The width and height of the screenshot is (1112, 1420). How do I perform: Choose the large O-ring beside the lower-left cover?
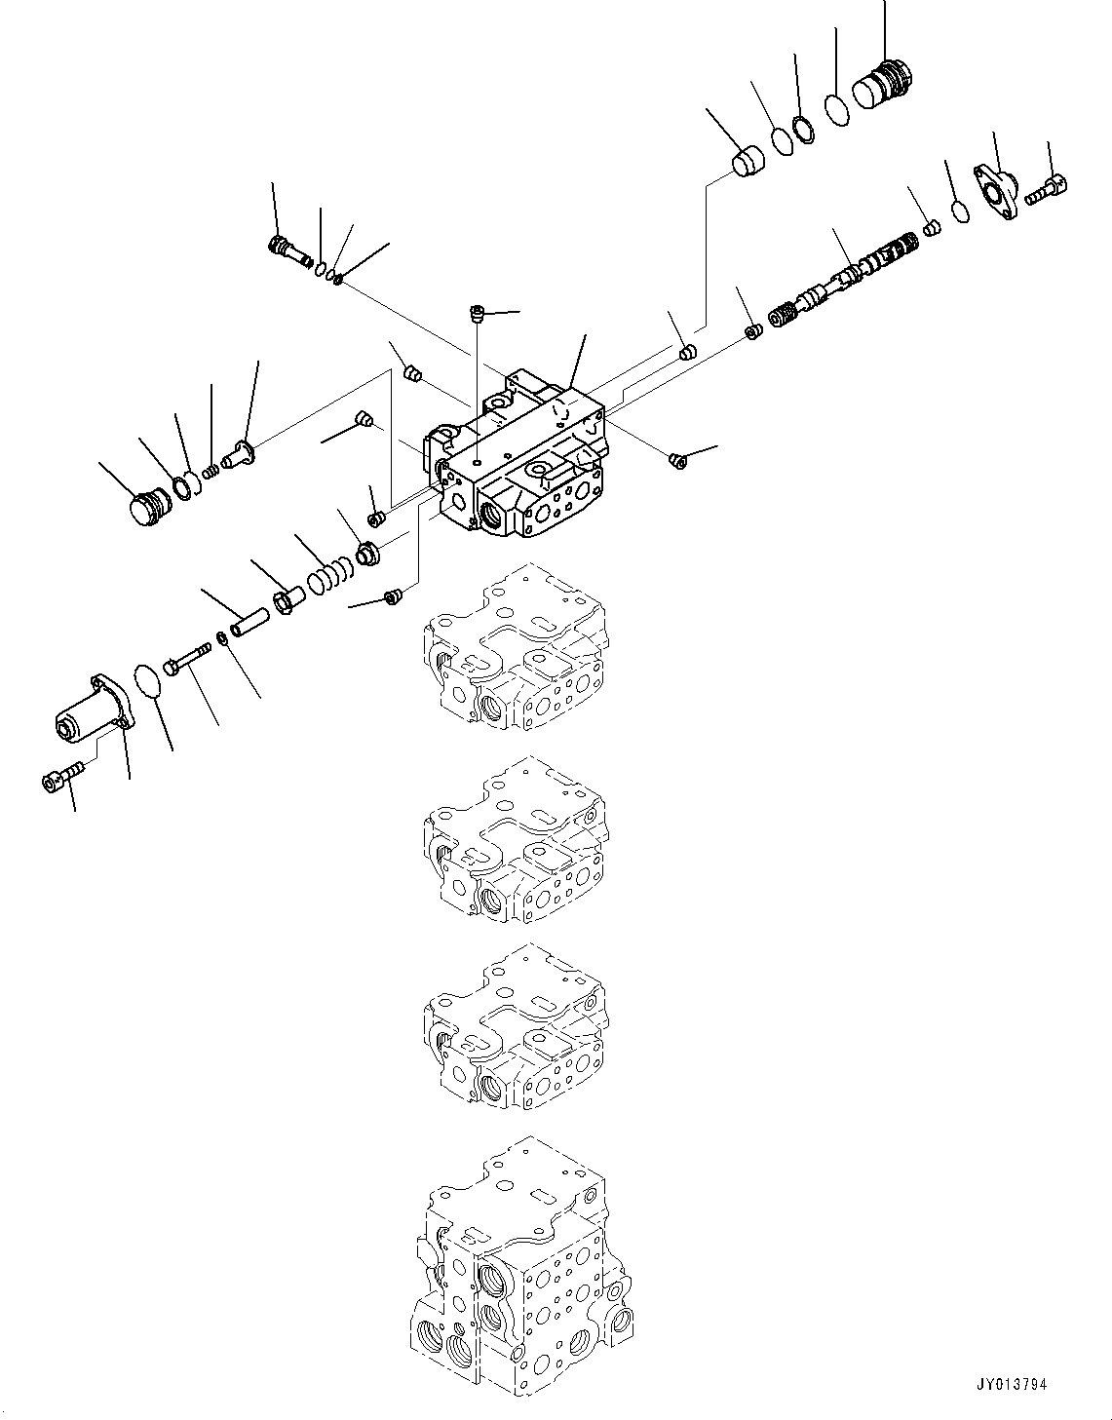pos(147,681)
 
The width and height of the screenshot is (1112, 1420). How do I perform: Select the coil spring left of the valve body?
pos(326,575)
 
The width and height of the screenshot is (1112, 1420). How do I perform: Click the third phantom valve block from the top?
pos(515,1028)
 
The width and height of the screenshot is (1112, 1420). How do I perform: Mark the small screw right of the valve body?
pos(679,458)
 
